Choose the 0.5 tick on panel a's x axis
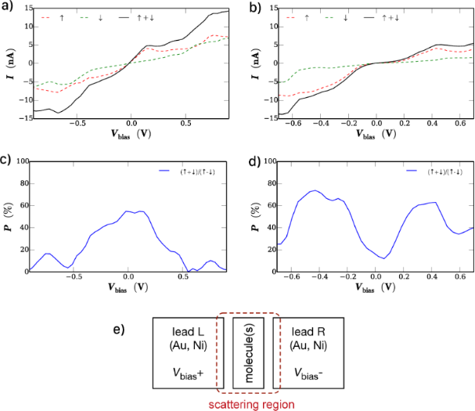[186, 124]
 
